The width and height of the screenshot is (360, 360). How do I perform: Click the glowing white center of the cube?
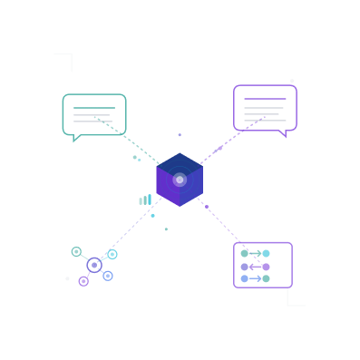pos(180,180)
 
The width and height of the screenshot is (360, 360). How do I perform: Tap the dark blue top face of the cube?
pos(180,162)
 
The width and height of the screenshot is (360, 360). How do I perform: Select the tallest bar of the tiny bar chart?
pos(150,199)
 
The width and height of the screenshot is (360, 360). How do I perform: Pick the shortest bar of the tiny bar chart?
pos(140,201)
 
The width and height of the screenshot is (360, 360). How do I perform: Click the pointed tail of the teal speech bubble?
pos(76,139)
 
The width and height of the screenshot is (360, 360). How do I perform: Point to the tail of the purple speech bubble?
pos(284,134)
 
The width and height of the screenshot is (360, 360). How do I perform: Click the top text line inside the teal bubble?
pos(94,109)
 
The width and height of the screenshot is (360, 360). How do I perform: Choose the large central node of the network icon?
pos(93,265)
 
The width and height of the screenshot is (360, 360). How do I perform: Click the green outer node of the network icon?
pos(76,251)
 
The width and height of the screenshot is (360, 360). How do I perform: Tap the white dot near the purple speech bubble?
pos(292,81)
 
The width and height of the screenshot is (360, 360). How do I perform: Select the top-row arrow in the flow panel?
pos(255,254)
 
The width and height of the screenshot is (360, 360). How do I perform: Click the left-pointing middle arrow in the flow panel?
pos(255,267)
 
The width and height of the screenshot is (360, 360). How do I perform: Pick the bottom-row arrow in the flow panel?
pos(255,278)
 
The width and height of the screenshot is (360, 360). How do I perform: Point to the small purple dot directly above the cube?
pos(180,135)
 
